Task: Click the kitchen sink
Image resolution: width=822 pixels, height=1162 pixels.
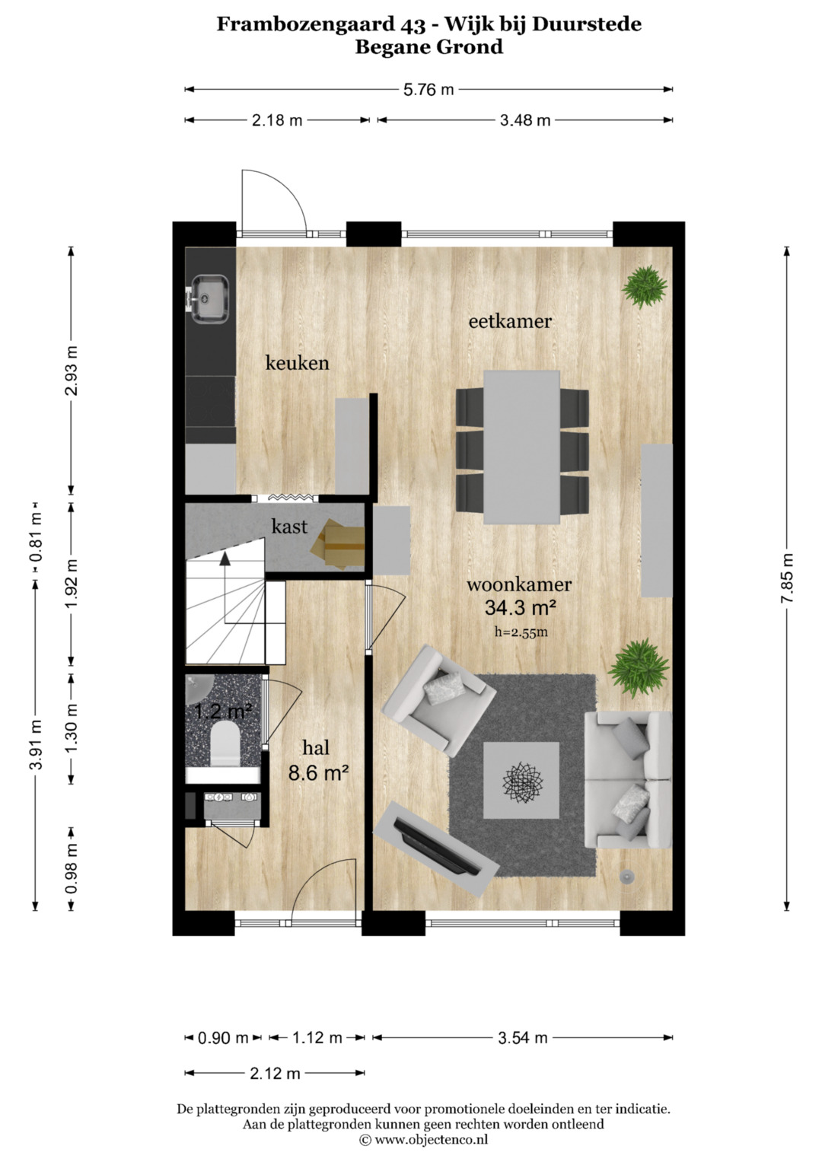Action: [209, 299]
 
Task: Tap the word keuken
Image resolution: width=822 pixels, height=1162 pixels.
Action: [298, 363]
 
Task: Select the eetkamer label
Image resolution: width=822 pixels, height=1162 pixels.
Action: [510, 321]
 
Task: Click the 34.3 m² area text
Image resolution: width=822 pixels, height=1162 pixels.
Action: [521, 607]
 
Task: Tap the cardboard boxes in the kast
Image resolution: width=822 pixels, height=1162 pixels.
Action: [337, 545]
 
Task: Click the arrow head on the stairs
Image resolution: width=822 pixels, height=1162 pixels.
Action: [225, 559]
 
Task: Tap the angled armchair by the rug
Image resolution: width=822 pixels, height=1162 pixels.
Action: [438, 700]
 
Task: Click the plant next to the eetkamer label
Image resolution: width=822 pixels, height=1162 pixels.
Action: [645, 286]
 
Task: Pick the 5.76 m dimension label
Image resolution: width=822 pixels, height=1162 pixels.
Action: [429, 90]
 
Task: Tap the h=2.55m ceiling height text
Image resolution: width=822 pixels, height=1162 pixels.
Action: [521, 632]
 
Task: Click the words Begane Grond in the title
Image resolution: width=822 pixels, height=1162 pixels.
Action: [429, 47]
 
